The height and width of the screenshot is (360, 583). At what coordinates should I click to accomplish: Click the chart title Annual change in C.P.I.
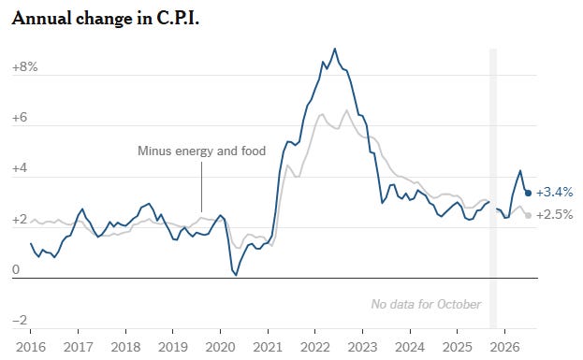(106, 18)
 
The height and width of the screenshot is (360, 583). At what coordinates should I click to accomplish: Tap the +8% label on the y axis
(25, 67)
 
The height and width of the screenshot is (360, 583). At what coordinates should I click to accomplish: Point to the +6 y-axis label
(20, 118)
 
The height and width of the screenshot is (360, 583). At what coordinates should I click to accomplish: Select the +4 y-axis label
(20, 168)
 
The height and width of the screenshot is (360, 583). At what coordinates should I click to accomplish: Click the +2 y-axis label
(20, 219)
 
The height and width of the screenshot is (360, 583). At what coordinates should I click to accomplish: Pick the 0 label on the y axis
(16, 269)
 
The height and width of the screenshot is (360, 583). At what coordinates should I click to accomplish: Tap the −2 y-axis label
(20, 320)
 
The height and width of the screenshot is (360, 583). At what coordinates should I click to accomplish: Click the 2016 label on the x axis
(31, 347)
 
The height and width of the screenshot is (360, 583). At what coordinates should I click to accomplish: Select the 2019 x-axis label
(173, 347)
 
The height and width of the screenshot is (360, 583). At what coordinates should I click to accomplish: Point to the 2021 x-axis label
(268, 347)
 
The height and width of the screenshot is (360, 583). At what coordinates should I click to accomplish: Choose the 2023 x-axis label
(362, 347)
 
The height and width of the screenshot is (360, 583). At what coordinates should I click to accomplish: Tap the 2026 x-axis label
(504, 347)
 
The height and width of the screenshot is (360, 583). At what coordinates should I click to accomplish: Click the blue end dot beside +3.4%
(528, 193)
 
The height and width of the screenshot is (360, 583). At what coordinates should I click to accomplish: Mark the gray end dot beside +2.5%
(528, 215)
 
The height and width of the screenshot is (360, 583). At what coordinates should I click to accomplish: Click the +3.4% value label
(554, 192)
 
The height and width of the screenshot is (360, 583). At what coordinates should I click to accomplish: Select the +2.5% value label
(554, 214)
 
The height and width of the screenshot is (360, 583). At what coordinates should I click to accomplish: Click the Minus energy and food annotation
(202, 151)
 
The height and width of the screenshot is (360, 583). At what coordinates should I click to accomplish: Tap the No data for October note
(426, 304)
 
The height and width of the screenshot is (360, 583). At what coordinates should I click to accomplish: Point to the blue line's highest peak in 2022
(335, 49)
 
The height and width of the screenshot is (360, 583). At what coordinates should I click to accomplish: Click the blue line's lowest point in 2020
(236, 275)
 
